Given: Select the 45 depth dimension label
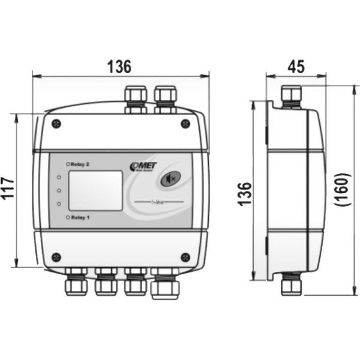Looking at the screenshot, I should [296, 66].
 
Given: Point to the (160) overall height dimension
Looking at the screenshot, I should [344, 190].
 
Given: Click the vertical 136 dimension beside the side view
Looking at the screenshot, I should [245, 194].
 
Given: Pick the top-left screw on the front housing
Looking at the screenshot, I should [56, 124].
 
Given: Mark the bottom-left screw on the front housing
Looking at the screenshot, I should [56, 257].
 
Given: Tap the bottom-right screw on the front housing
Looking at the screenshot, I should [185, 257].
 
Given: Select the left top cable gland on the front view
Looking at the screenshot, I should [135, 98].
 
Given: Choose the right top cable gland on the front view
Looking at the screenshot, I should [165, 98].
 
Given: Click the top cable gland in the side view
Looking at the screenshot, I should [291, 96].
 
